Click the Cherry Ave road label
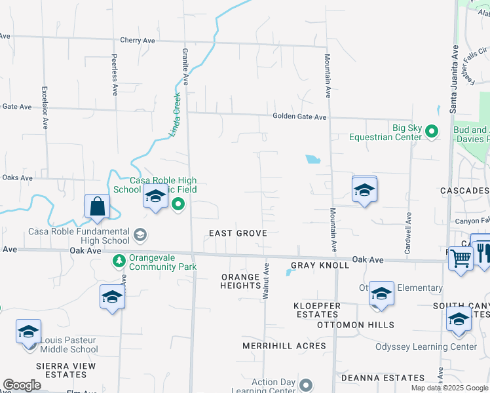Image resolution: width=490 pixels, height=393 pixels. click(x=138, y=41)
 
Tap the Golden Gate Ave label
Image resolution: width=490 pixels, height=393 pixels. click(x=299, y=117)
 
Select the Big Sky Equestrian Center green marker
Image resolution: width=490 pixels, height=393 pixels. click(x=431, y=132)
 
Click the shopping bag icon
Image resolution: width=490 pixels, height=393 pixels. click(x=97, y=207)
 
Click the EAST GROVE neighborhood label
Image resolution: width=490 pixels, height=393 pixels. click(x=238, y=233)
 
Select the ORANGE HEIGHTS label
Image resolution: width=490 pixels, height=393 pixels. click(x=240, y=281)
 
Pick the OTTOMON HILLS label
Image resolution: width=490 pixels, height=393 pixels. click(x=355, y=325)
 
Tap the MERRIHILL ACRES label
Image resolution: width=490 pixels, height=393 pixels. click(x=284, y=345)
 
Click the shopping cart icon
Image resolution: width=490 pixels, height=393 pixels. click(x=460, y=258)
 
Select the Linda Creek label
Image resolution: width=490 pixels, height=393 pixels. click(x=175, y=115)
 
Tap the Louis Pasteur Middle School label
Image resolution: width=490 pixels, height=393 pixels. click(x=68, y=345)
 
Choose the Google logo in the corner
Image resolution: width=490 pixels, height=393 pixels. click(x=22, y=385)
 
